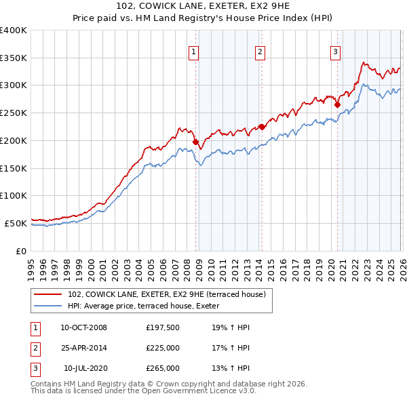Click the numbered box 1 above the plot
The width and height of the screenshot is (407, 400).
[193, 51]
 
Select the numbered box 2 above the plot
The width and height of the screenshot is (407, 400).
[260, 51]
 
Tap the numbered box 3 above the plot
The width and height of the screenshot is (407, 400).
[335, 51]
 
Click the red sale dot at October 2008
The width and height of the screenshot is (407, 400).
[196, 142]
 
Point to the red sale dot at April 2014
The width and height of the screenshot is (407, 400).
[262, 127]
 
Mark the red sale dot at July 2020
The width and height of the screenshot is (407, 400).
[337, 104]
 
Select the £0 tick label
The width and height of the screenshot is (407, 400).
[22, 251]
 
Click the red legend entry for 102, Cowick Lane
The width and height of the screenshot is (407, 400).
[170, 294]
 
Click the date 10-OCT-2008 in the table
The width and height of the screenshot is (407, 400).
[83, 327]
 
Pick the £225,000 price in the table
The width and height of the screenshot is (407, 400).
[163, 348]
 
